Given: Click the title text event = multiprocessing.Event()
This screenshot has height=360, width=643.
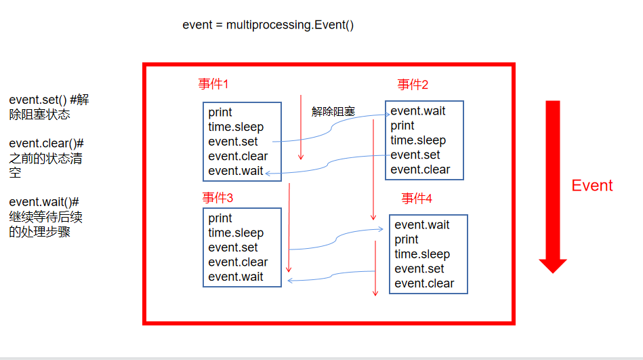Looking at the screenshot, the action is point(268,25).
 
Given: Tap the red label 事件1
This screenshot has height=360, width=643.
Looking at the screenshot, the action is point(213,84).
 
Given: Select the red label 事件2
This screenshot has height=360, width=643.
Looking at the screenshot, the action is point(413,84).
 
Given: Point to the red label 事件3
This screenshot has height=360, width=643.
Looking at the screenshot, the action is point(217,198).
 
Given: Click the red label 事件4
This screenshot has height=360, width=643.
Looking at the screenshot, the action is point(417,198).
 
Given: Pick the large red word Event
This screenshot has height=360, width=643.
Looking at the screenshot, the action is point(592,186).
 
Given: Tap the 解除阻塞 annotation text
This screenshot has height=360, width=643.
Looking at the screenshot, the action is point(333,112).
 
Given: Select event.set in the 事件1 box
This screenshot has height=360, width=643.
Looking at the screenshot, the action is point(233,142).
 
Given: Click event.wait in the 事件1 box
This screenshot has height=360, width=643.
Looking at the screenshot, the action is point(236,171).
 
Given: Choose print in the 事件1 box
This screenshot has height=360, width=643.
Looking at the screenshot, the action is point(220,113).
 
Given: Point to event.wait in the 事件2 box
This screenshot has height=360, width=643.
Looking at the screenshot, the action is point(418,111).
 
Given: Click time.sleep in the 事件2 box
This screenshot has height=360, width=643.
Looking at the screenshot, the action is point(418,140).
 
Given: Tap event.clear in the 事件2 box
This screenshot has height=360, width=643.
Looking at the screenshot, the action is point(420,169).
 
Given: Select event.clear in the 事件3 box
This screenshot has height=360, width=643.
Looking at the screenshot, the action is point(238,262).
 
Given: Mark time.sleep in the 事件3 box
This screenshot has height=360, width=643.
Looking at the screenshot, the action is point(236,233).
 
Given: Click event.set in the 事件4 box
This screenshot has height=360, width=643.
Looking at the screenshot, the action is point(419,269).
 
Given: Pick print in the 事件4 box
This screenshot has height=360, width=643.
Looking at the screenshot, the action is point(407,240).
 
